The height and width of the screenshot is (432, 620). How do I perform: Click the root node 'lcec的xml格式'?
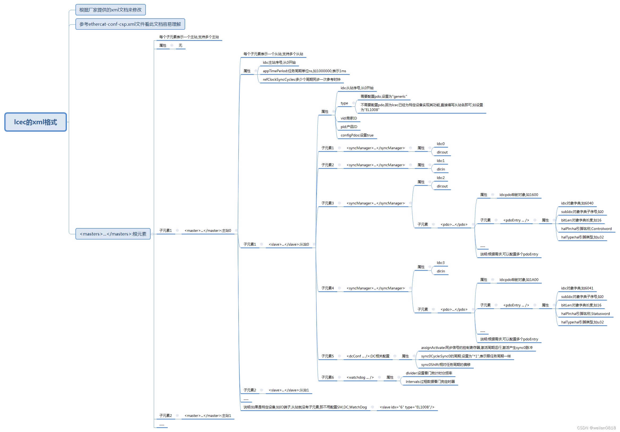click(35, 122)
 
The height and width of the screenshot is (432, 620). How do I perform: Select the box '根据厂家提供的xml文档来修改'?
click(111, 10)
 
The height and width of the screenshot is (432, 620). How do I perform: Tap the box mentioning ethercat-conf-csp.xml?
click(130, 24)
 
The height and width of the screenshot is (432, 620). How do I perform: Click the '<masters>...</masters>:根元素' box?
click(113, 234)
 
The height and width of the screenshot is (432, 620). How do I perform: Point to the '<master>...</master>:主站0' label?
click(208, 230)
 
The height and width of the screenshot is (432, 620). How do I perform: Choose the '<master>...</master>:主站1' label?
click(208, 416)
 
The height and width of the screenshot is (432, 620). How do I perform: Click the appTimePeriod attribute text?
click(304, 71)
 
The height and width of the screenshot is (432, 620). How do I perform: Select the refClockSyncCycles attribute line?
click(301, 79)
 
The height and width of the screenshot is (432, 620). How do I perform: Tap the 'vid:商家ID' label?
click(349, 118)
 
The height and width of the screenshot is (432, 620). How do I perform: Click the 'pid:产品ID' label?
click(349, 127)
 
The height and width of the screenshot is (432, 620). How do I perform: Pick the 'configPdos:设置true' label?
click(357, 135)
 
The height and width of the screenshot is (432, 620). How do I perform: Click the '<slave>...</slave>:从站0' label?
click(289, 244)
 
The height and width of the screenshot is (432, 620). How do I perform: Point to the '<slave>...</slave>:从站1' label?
click(289, 390)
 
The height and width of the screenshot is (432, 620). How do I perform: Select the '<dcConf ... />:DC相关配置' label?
click(368, 356)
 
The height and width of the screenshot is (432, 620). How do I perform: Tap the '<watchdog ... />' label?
click(360, 377)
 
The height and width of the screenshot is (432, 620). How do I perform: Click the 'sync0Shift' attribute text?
click(445, 365)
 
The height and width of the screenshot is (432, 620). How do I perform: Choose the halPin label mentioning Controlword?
click(586, 229)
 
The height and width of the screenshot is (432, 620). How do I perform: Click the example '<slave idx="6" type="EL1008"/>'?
click(407, 407)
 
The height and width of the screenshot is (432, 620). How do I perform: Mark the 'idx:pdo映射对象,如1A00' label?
click(519, 280)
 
